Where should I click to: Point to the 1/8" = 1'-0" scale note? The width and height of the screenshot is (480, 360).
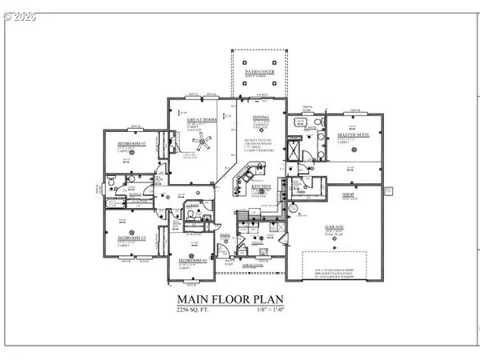click(x=268, y=314)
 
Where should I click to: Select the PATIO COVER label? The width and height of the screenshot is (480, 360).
click(x=258, y=71)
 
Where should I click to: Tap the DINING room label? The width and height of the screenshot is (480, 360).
click(x=262, y=117)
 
